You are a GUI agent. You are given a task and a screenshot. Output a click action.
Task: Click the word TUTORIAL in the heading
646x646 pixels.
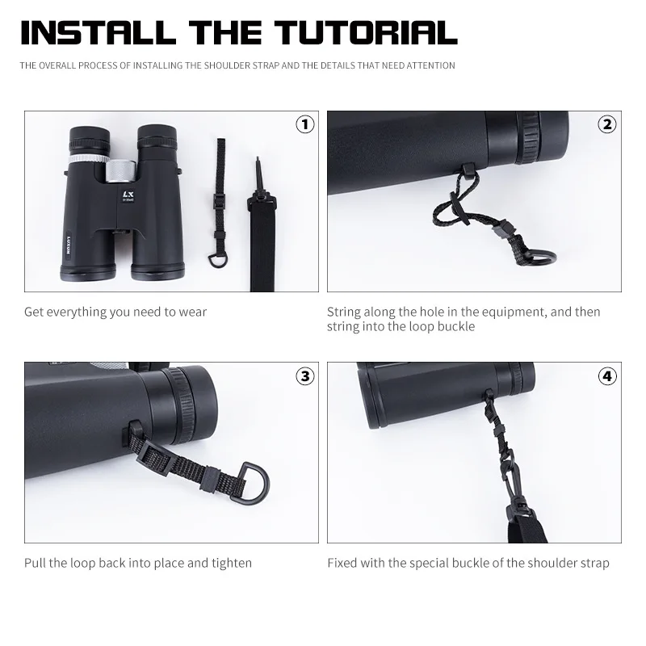coord(366,32)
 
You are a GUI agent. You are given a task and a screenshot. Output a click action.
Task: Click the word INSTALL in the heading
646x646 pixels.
coord(99,32)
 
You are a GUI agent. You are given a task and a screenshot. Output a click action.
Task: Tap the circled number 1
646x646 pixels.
coord(305,124)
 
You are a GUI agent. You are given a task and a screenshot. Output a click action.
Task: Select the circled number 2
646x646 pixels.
coord(607,124)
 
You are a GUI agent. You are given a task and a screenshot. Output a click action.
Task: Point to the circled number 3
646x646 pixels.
coord(305,375)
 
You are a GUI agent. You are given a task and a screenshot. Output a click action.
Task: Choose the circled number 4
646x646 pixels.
coord(607,375)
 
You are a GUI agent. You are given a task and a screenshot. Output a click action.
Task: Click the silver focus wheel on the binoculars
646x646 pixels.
coord(120,171)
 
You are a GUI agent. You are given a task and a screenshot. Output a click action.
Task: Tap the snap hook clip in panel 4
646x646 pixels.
coord(510,476)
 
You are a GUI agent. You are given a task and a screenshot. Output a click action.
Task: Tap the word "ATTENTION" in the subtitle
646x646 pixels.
coord(430,65)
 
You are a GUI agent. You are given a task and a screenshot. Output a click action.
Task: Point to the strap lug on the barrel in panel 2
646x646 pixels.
coord(468,169)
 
